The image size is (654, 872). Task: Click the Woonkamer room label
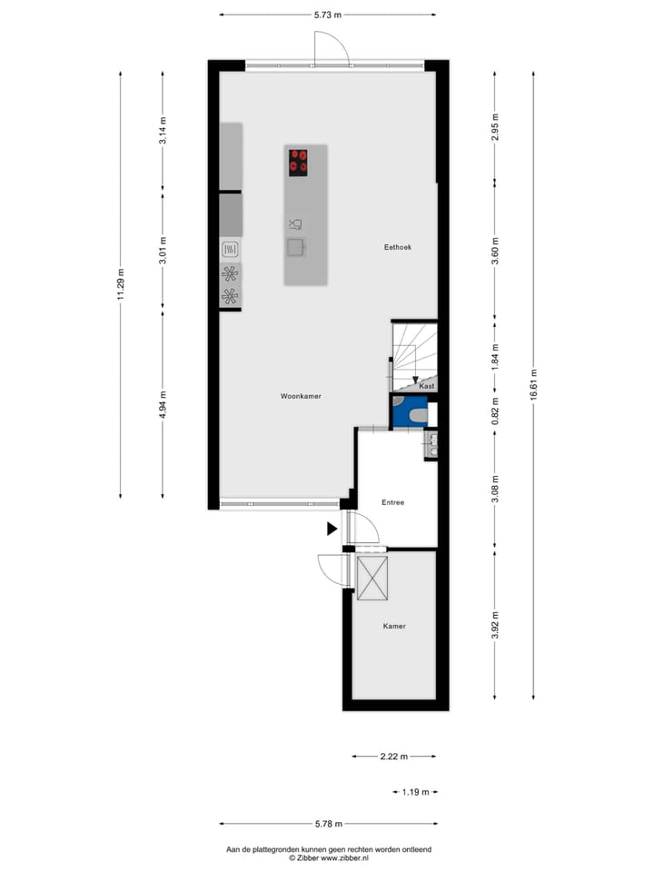[301, 396]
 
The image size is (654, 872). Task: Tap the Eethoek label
[398, 247]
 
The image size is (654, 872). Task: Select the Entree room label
[392, 502]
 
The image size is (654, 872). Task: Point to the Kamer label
[393, 626]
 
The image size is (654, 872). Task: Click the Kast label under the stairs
[427, 386]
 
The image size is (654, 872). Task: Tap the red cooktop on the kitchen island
[298, 162]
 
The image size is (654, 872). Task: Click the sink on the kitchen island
[295, 246]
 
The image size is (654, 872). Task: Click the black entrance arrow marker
[332, 528]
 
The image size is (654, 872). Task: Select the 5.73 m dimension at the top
[327, 15]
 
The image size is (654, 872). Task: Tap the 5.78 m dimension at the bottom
[327, 824]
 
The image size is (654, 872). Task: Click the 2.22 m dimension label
[393, 756]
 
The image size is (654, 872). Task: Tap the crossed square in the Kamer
[372, 579]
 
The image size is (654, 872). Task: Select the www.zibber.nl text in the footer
[344, 857]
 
